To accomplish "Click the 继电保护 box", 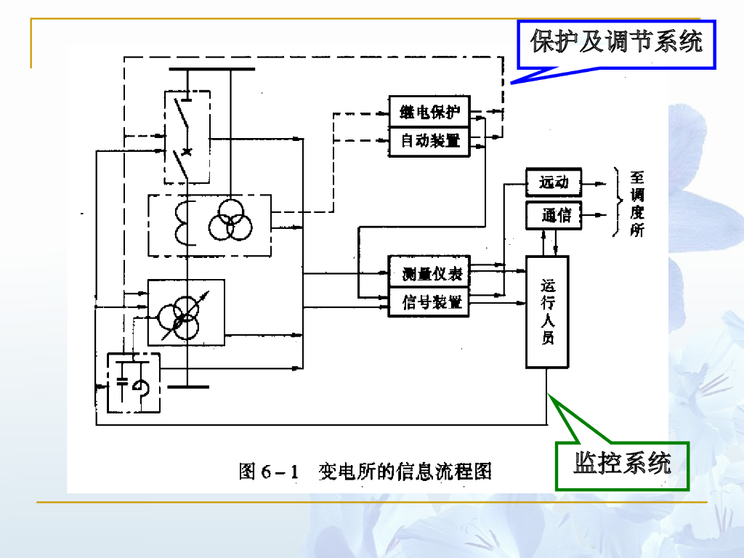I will pos(430,112).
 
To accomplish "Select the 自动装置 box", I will pos(430,141).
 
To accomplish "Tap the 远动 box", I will pos(554,182).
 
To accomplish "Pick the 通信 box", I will pos(554,215).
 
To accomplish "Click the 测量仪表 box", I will pos(429,274).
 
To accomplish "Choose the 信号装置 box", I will pos(429,302).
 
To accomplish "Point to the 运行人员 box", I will pos(547,312).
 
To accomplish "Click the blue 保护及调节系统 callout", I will pos(616,42).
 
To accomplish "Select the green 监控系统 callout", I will pos(622,464).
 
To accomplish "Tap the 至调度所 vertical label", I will pos(637,204).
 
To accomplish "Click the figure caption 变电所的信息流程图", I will pos(405,472).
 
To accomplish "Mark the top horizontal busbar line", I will pos(211,70).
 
